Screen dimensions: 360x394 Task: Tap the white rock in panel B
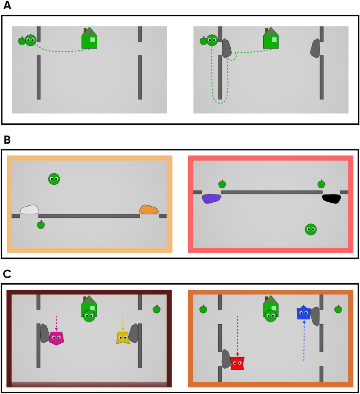(30, 209)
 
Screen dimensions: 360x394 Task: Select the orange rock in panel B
(149, 209)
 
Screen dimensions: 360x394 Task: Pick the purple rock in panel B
(211, 198)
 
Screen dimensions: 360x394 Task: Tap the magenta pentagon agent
(56, 338)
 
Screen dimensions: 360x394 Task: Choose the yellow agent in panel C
(122, 338)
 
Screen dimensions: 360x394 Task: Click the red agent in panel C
(237, 363)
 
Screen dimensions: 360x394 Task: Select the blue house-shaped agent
(304, 312)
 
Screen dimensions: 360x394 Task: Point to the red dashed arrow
(237, 335)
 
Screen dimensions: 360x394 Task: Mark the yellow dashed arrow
(122, 322)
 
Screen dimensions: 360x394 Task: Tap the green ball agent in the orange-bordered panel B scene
(54, 179)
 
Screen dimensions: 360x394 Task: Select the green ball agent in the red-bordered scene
(310, 230)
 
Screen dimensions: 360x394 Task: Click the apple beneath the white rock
(41, 225)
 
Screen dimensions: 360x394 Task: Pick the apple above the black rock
(321, 184)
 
